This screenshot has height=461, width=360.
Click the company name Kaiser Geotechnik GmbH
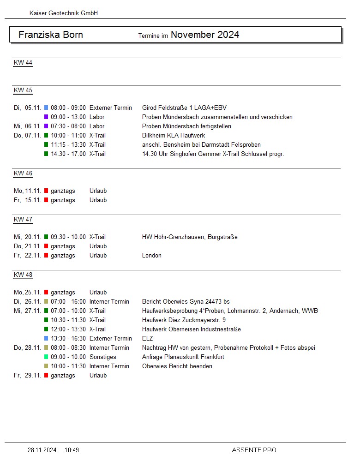pos(64,13)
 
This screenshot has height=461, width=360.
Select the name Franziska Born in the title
pos(51,35)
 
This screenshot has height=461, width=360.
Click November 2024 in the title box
pos(205,35)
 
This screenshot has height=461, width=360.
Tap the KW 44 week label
pos(23,63)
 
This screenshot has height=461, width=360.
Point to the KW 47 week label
pos(23,220)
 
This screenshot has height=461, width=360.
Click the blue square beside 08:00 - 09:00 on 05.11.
pos(46,108)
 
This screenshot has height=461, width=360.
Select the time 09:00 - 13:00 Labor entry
pos(68,117)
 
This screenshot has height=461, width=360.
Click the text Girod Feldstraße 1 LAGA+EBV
pos(184,108)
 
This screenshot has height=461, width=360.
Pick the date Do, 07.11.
pos(28,135)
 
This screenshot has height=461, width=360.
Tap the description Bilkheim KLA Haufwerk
pos(174,135)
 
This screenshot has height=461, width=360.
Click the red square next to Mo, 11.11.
pos(46,191)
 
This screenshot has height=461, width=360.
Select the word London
pos(152,255)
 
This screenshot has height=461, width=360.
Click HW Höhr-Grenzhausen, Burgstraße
pos(190,237)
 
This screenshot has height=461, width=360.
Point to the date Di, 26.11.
pos(28,301)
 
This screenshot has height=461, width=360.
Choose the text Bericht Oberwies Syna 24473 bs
pos(186,301)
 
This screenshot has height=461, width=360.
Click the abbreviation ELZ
pos(148,338)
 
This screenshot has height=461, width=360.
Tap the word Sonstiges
pos(103,357)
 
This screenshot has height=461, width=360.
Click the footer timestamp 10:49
pos(72,450)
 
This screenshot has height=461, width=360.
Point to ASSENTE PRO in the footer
pos(254,450)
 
